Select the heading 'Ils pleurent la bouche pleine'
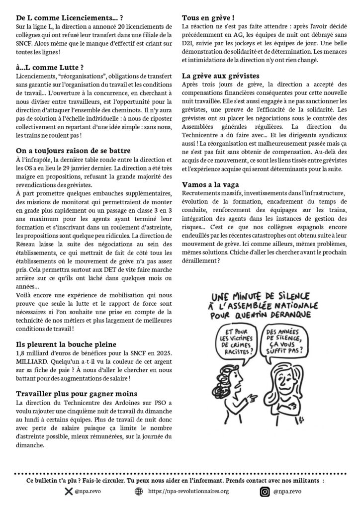coord(66,344)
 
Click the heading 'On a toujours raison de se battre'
coord(73,151)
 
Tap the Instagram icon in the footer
coord(265,492)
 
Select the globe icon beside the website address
coord(139,492)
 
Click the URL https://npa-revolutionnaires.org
coord(188,492)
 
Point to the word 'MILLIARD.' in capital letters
coord(32,362)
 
